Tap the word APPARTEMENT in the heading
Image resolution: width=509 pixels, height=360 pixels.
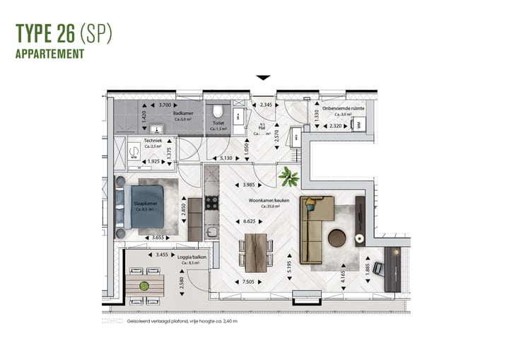click(x=50, y=54)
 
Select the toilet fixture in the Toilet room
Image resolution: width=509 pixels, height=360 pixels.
click(x=219, y=112)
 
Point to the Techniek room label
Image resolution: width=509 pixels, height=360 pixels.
click(x=153, y=141)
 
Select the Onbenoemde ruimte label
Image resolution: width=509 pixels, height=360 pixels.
click(x=344, y=109)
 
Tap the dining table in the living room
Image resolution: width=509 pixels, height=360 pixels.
click(x=256, y=251)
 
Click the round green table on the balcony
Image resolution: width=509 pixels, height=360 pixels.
click(x=144, y=286)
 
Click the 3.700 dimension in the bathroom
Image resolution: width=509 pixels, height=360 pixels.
click(x=166, y=105)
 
